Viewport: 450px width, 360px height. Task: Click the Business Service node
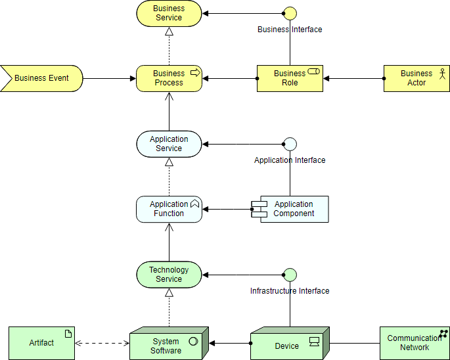(169, 13)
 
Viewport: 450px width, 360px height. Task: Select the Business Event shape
(41, 78)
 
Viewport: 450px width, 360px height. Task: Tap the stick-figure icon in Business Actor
(443, 74)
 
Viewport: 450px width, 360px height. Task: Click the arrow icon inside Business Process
(196, 73)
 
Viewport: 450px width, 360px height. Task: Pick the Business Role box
(290, 78)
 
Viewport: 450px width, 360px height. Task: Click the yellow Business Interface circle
(290, 14)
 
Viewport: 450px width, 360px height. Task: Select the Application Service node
(169, 144)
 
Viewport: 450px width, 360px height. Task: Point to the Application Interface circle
(290, 144)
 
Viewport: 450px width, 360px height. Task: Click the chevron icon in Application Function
(195, 203)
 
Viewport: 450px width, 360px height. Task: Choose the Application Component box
(290, 210)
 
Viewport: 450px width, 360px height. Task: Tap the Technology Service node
(169, 275)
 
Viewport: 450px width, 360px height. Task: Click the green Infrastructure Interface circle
(290, 275)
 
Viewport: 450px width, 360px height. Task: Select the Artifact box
(41, 343)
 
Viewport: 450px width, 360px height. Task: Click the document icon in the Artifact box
(68, 334)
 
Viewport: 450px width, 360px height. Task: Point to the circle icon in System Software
(193, 341)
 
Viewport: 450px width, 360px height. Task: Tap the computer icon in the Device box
(315, 342)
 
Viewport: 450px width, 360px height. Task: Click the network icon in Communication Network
(443, 334)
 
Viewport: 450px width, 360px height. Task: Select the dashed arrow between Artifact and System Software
(102, 343)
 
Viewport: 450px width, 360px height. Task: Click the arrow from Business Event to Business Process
(110, 78)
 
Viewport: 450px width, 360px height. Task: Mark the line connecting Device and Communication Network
(355, 343)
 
